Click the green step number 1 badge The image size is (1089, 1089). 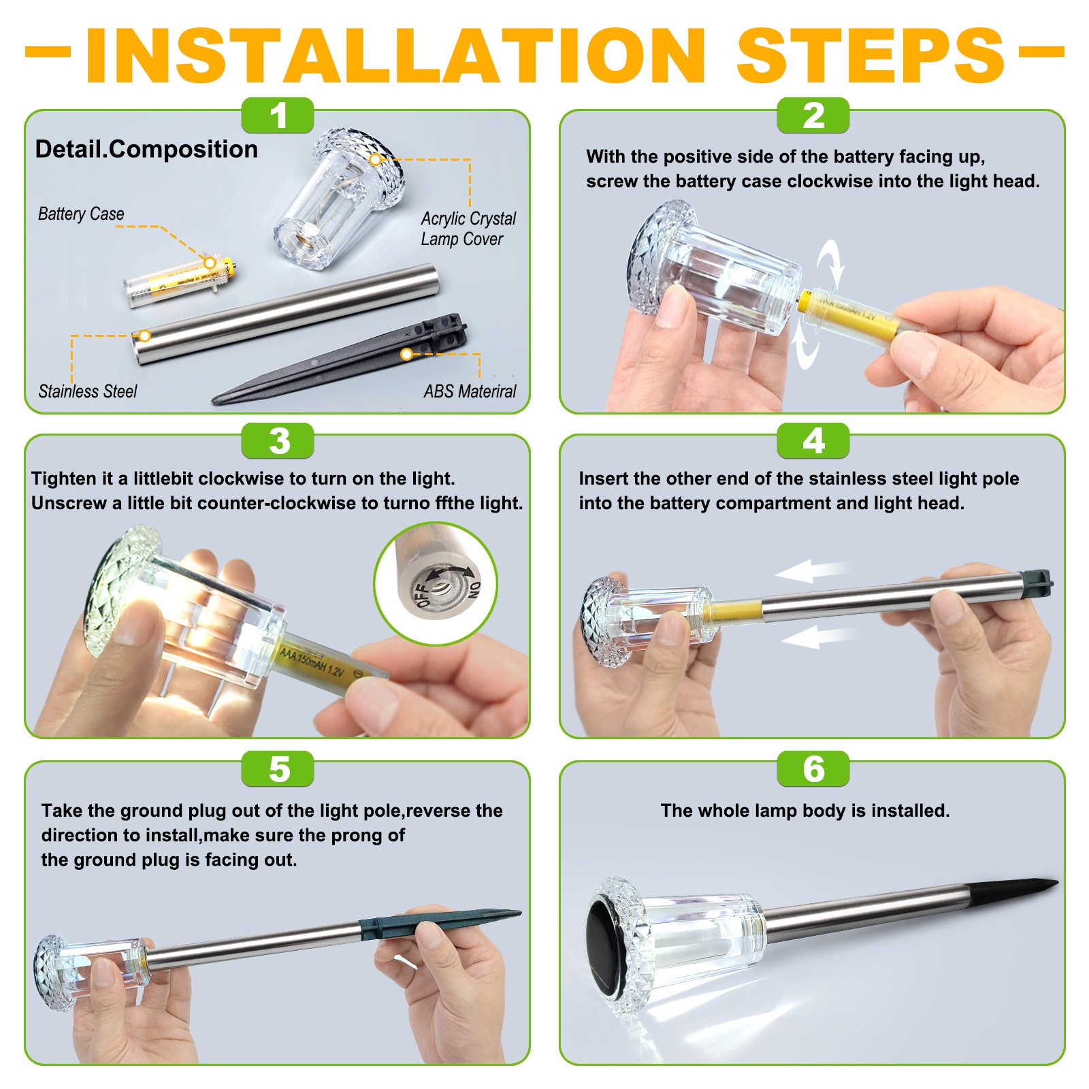tap(278, 115)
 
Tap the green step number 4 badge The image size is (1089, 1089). tap(813, 440)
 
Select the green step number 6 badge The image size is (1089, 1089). tap(813, 769)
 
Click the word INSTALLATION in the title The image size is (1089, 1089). tap(395, 56)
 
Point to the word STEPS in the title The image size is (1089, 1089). tap(871, 56)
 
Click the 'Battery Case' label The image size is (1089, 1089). tap(81, 214)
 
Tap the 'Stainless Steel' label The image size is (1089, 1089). tap(87, 391)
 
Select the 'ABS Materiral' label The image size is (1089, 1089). tap(470, 391)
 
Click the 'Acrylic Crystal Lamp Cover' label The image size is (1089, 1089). tap(468, 229)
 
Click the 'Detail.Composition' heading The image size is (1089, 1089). tap(146, 149)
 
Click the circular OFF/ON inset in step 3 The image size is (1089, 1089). tap(436, 583)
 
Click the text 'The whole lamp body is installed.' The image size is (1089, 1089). tap(804, 811)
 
